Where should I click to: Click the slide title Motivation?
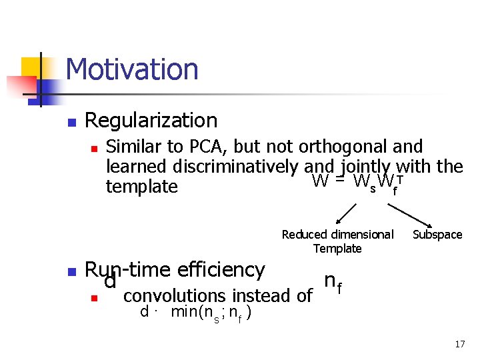click(132, 69)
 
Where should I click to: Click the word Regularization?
click(151, 120)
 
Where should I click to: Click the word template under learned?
click(141, 187)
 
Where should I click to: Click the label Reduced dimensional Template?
click(337, 241)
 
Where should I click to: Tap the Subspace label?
click(437, 235)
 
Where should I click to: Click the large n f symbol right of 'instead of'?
click(333, 283)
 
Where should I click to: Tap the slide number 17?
click(459, 345)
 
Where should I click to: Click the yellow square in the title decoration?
click(31, 67)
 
